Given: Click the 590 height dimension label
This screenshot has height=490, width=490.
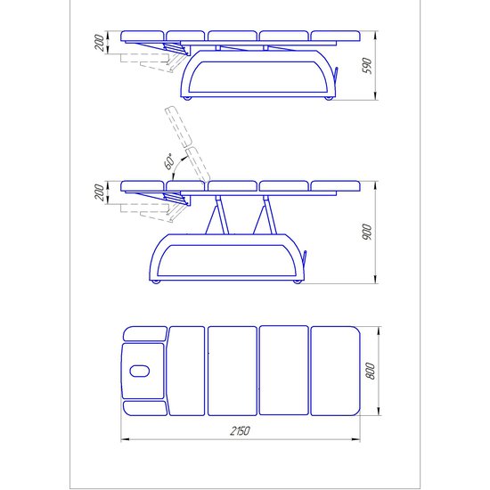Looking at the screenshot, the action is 368,66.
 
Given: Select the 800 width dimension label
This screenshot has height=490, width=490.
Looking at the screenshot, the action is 370,371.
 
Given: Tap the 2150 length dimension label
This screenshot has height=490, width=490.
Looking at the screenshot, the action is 240,431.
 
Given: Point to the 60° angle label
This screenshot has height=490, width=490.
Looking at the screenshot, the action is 169,161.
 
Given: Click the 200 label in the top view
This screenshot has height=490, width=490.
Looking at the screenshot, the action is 100,43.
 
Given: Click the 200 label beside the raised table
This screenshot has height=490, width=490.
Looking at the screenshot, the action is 100,192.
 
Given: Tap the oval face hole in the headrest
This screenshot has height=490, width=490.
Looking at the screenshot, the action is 139,371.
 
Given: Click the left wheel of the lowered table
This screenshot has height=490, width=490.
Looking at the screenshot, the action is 187,98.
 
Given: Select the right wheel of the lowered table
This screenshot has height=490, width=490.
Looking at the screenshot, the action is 329,98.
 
